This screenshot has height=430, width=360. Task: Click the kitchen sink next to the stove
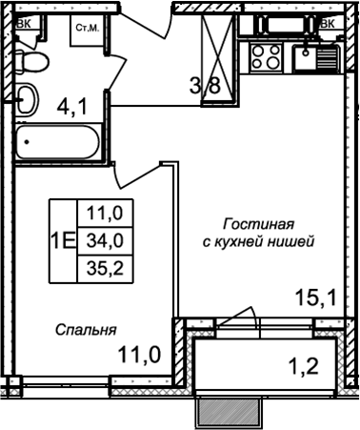click(308, 60)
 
